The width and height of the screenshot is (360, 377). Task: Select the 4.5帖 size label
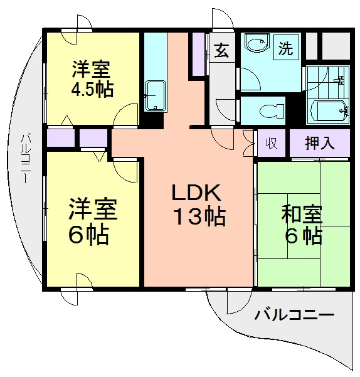tap(92, 88)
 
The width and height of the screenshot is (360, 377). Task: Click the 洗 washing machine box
tap(286, 48)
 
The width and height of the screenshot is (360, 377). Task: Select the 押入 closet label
tap(319, 143)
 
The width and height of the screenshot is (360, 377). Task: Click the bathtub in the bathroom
tap(328, 112)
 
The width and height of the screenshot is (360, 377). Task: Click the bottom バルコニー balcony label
tap(294, 315)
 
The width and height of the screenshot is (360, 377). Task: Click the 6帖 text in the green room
tap(302, 236)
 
